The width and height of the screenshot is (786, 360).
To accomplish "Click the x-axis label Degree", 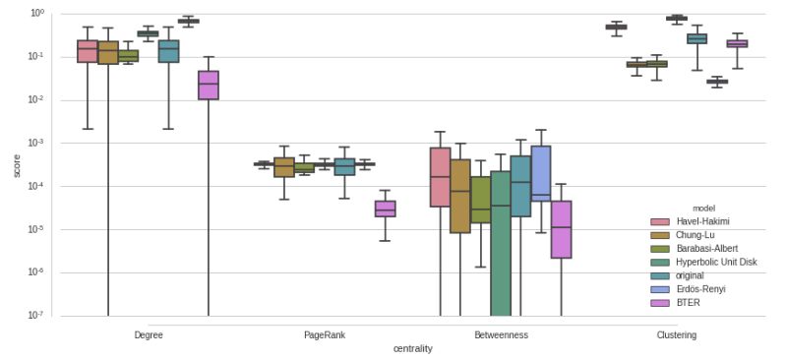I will pos(149,335).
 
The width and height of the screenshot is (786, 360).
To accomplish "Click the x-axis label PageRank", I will pos(324,335).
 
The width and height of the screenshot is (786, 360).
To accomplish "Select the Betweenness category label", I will pos(500,335).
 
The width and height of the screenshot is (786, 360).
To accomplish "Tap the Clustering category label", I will pos(676,335).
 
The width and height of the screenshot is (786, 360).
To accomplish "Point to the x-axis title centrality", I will pos(412,349).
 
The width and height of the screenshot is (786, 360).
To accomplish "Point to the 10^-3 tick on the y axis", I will pos(36,144).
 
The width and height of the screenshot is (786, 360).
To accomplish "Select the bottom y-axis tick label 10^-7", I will pos(36,316).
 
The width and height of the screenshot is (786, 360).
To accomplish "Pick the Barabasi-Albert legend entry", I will pos(705,249).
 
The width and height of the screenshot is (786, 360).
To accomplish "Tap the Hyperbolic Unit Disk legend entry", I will pos(715,262).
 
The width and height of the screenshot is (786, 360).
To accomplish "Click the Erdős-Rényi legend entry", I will pos(700,289).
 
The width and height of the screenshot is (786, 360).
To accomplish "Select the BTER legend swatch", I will pos(661,303).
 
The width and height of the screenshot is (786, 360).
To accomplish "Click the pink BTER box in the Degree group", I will pos(209,86).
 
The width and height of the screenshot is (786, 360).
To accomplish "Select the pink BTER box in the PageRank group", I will pos(385,209).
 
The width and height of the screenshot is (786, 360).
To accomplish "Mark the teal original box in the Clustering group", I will pos(696,38).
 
